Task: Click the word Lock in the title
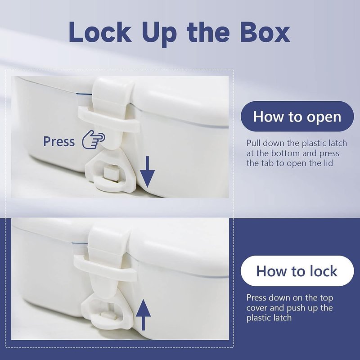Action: click(x=100, y=32)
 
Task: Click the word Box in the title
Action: click(x=265, y=32)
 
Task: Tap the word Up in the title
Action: click(x=160, y=34)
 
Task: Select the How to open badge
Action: click(x=297, y=117)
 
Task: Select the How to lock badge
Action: click(x=297, y=271)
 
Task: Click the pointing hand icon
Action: click(x=94, y=139)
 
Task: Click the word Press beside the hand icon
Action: click(x=59, y=141)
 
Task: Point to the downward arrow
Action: click(x=147, y=171)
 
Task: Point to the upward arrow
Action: click(x=143, y=315)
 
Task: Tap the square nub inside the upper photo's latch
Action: click(x=111, y=173)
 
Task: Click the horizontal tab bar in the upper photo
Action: click(x=109, y=119)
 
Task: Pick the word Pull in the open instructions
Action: click(x=253, y=143)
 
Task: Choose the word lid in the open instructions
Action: click(x=328, y=163)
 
